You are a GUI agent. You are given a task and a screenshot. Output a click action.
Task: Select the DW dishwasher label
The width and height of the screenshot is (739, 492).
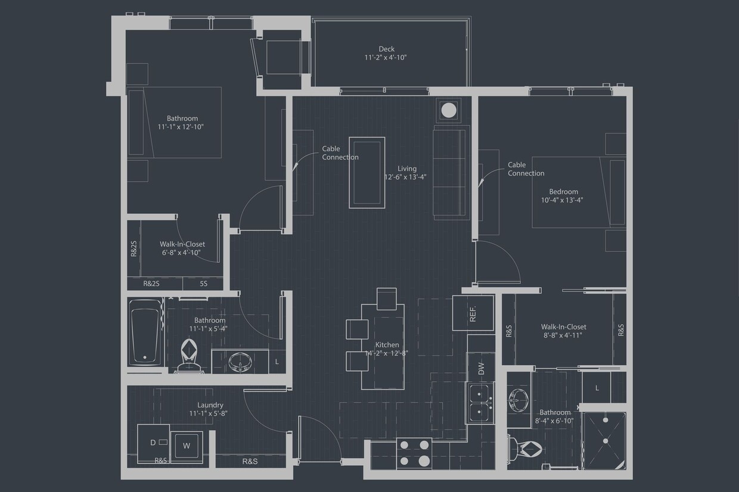[481, 369]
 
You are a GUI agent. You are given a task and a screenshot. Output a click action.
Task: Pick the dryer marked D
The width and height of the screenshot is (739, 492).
[153, 443]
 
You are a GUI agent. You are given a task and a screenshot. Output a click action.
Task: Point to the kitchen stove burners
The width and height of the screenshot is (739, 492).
[414, 453]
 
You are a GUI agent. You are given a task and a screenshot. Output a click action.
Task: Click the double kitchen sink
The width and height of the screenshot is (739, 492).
[480, 403]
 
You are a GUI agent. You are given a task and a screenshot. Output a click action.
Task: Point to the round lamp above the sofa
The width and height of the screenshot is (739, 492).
[448, 110]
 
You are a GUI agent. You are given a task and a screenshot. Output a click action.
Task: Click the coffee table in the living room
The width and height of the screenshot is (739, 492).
[367, 173]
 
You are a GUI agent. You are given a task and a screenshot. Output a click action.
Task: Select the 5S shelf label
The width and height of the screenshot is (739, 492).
[203, 284]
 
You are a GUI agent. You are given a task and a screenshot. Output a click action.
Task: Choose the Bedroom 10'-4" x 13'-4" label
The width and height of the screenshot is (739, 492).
[563, 196]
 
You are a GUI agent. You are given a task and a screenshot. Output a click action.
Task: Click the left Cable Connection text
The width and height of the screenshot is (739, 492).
[340, 153]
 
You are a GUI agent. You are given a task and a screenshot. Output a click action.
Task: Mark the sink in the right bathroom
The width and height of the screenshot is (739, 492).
[518, 400]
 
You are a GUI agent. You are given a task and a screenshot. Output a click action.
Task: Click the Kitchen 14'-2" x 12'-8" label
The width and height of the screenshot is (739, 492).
[387, 349]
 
